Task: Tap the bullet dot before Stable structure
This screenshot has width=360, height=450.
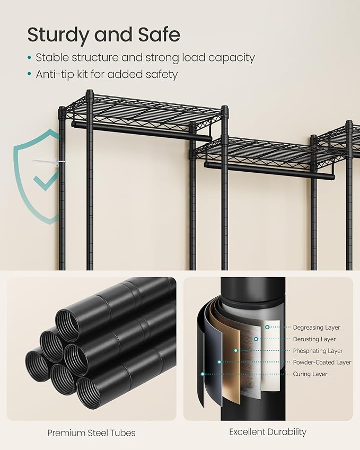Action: (x=29, y=58)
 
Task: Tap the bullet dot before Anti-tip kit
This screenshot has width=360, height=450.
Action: (x=29, y=75)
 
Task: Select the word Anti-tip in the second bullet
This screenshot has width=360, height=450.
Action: (x=55, y=74)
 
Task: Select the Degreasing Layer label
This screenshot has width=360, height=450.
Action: (x=317, y=328)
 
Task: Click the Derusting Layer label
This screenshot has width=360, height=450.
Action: (x=314, y=339)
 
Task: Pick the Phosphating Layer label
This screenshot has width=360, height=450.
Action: (x=318, y=351)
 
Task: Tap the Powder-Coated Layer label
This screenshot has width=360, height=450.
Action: (x=322, y=363)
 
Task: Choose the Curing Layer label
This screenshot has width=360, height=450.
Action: (x=310, y=374)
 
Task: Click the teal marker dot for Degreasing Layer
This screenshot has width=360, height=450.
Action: (x=268, y=328)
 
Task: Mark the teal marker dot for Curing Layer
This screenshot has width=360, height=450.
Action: (x=202, y=374)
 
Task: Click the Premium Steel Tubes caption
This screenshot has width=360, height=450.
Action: (x=91, y=433)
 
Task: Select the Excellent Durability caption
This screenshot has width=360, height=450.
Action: (x=268, y=432)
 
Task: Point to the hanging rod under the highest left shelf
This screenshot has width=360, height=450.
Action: (x=141, y=130)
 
